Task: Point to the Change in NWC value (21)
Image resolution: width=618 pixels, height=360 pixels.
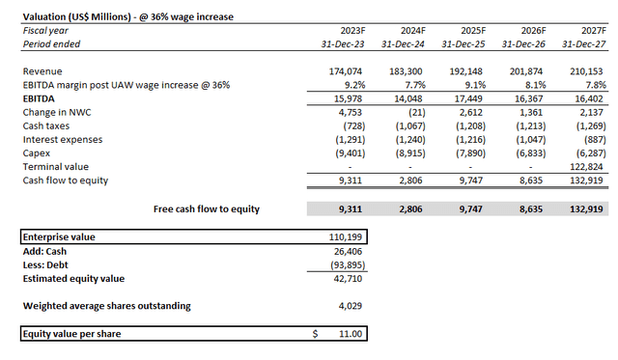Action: coord(413,111)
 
